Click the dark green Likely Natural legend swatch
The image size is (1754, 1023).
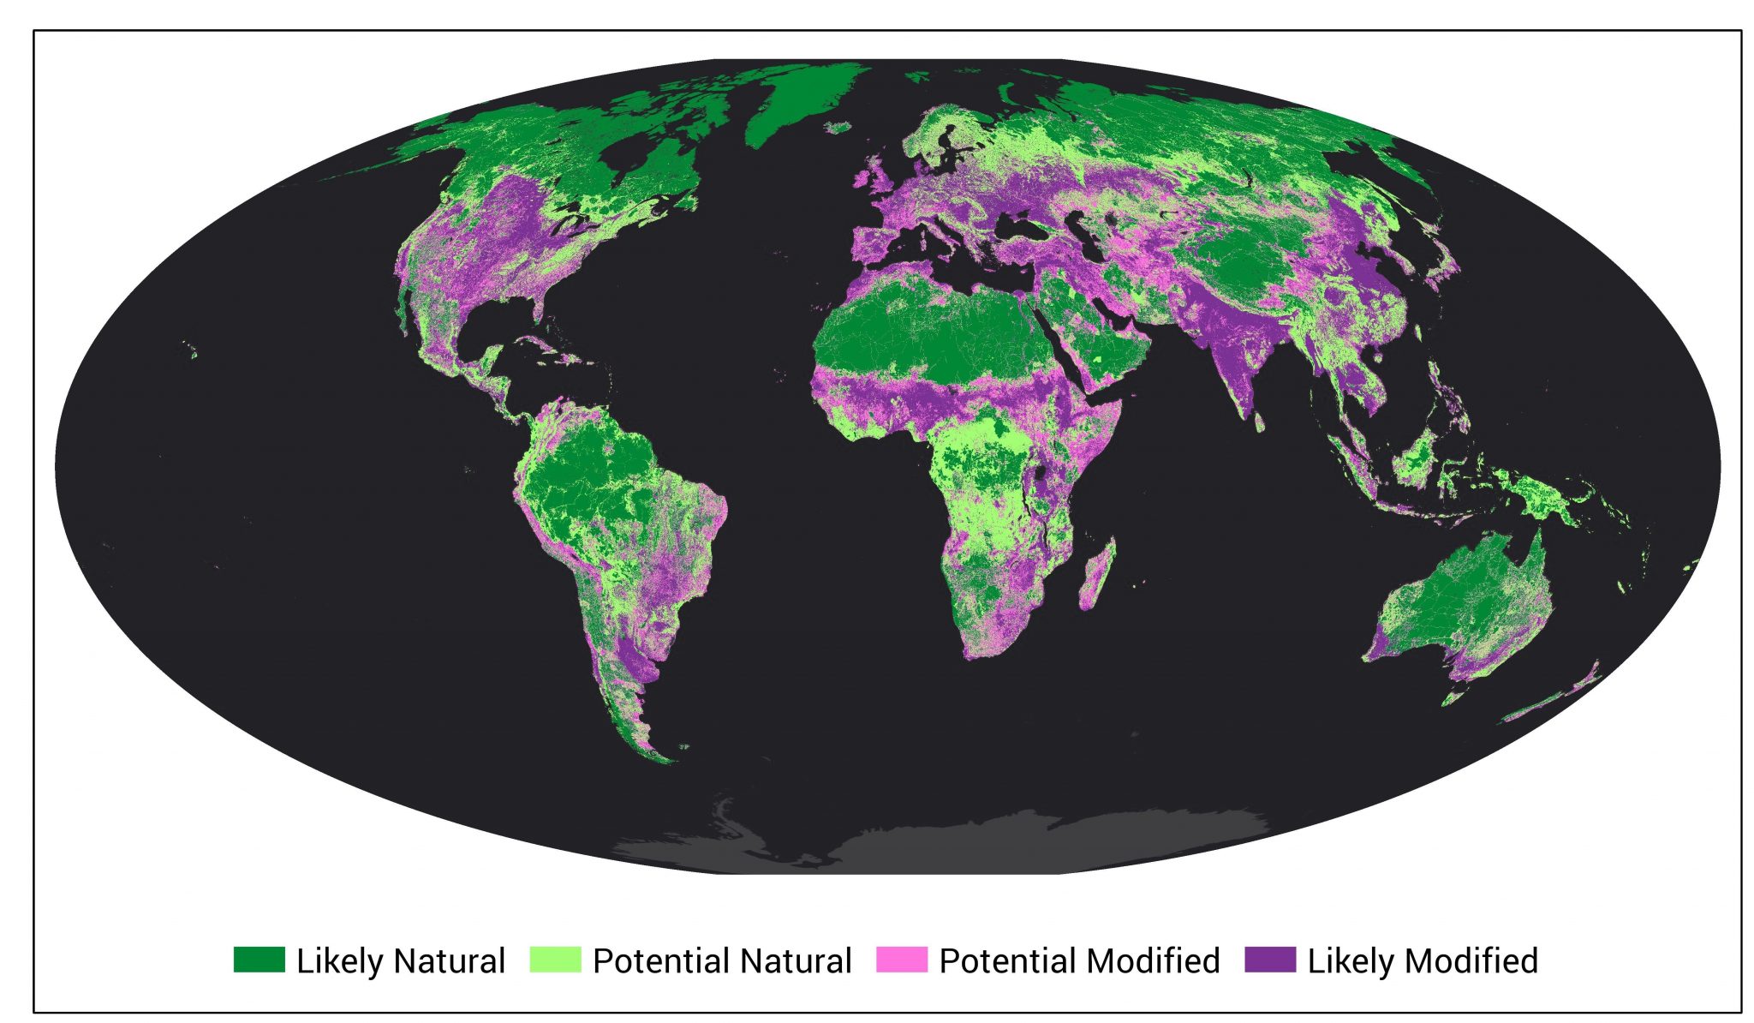pyautogui.click(x=259, y=960)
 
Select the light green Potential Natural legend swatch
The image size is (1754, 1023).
pyautogui.click(x=555, y=960)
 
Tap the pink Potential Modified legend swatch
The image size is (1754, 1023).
pyautogui.click(x=901, y=960)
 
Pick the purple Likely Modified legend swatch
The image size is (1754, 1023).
pyautogui.click(x=1269, y=960)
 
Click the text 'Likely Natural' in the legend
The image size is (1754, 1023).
pyautogui.click(x=400, y=960)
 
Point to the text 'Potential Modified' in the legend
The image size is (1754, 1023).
pyautogui.click(x=1079, y=960)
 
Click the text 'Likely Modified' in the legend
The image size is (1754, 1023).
pyautogui.click(x=1422, y=960)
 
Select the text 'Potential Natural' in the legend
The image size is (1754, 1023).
pyautogui.click(x=721, y=960)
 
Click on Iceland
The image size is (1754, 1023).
pyautogui.click(x=838, y=128)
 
